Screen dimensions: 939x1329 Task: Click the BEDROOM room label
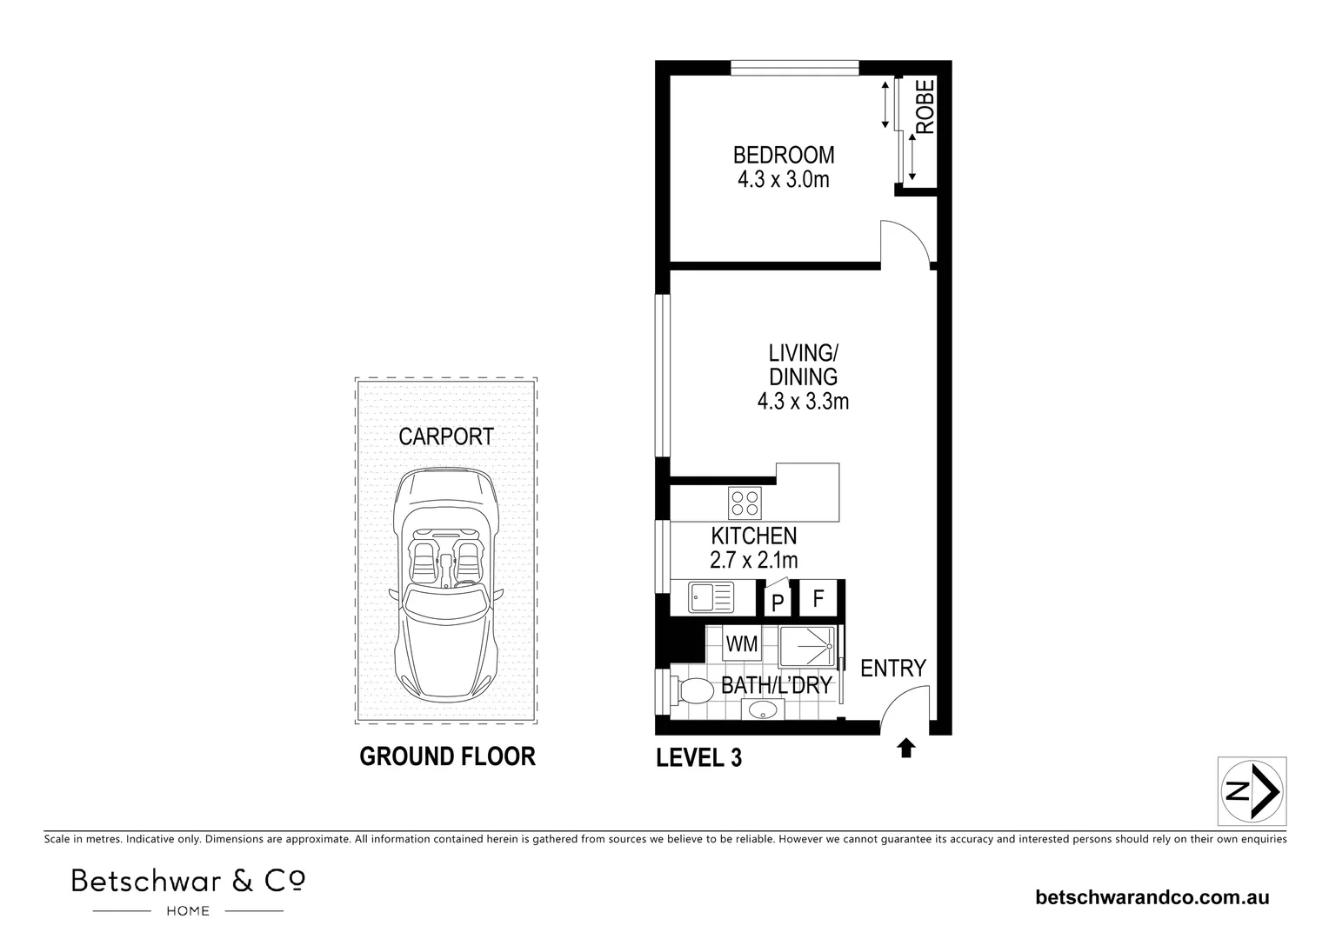pos(783,156)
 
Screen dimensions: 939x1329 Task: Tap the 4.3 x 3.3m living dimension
pos(803,402)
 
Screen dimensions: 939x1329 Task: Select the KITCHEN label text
pos(753,536)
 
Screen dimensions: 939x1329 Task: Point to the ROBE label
pos(925,107)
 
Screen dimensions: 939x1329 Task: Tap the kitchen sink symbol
pos(711,597)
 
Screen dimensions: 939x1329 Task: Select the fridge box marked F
pos(818,599)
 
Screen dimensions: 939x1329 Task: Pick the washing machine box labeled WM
pos(741,645)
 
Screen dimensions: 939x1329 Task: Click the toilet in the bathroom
pos(692,693)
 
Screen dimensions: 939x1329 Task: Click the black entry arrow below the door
pos(906,748)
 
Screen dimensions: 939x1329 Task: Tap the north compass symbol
pos(1252,791)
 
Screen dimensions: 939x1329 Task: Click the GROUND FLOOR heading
pos(447,756)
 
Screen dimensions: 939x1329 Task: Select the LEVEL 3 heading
pos(698,758)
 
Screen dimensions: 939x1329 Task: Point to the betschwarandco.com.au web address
pos(1152,897)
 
